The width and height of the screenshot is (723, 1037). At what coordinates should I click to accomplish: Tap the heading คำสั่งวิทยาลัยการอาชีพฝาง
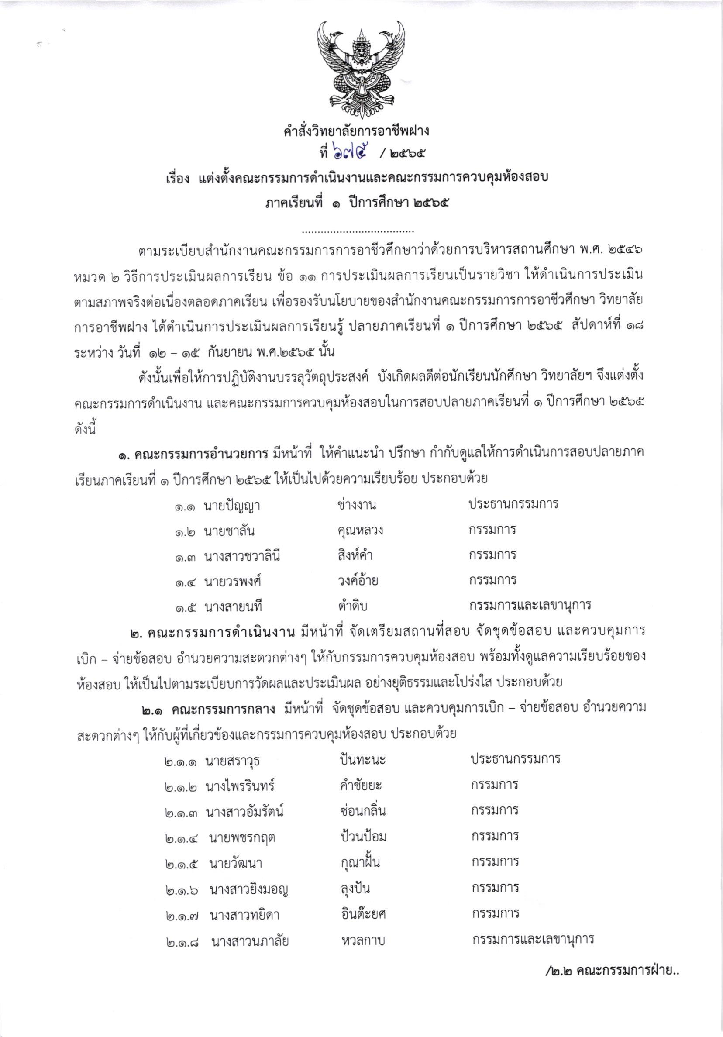[x=356, y=131]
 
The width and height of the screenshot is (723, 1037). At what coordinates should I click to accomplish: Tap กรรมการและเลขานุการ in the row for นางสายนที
[x=530, y=605]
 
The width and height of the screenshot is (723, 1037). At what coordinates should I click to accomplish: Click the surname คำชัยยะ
[x=361, y=786]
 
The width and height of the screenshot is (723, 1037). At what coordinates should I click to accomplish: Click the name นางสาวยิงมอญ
[x=249, y=890]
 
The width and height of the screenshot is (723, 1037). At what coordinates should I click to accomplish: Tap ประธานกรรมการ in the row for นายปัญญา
[x=513, y=503]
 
